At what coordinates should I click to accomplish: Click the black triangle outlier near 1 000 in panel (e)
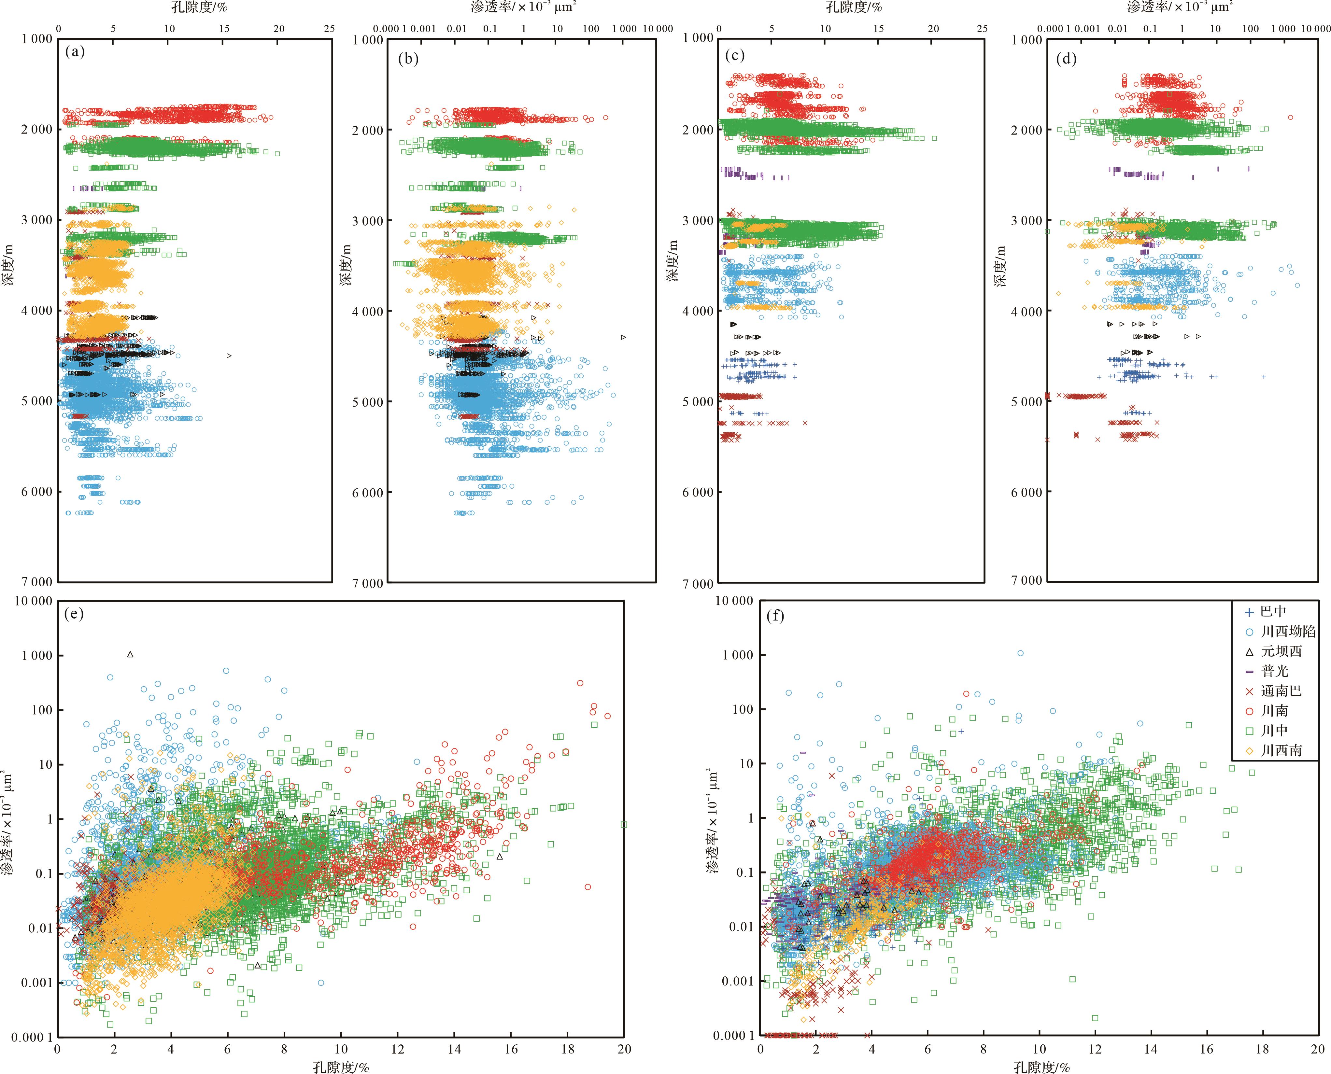(130, 654)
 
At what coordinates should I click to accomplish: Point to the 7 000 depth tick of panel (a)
(37, 581)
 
